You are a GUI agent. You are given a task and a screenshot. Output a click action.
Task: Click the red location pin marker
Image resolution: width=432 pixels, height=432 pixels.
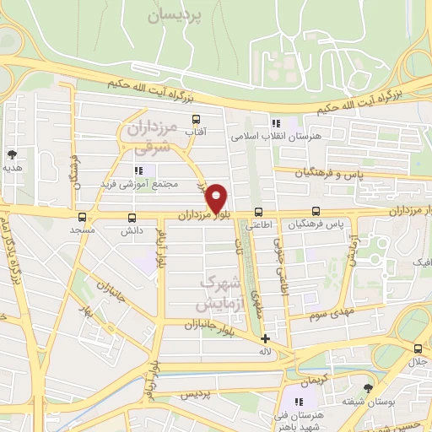click(x=218, y=197)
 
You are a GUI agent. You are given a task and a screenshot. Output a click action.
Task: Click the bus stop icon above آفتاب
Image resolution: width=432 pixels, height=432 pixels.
click(x=196, y=119)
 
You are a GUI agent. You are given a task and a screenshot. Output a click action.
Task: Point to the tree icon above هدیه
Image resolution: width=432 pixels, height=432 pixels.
click(x=12, y=154)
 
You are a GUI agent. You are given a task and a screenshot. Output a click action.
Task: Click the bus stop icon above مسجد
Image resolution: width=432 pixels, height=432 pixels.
click(x=82, y=217)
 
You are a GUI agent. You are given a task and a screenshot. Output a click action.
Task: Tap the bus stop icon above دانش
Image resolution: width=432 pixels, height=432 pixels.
click(x=129, y=217)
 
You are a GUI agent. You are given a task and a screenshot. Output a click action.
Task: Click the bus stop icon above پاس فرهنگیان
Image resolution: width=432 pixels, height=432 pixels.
click(x=316, y=211)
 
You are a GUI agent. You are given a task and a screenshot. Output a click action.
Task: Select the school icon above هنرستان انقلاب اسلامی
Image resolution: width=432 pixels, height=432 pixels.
click(x=275, y=123)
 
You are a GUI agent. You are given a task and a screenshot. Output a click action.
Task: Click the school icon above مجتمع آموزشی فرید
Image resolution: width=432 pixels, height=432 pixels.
click(x=138, y=170)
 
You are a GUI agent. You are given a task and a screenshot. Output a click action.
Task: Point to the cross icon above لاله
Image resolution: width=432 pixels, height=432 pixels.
click(x=266, y=338)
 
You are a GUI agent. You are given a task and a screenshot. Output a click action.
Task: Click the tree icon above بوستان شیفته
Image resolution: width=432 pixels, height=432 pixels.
click(x=367, y=388)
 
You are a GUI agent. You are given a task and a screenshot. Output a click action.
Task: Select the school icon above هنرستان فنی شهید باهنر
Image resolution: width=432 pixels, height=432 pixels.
click(x=297, y=402)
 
